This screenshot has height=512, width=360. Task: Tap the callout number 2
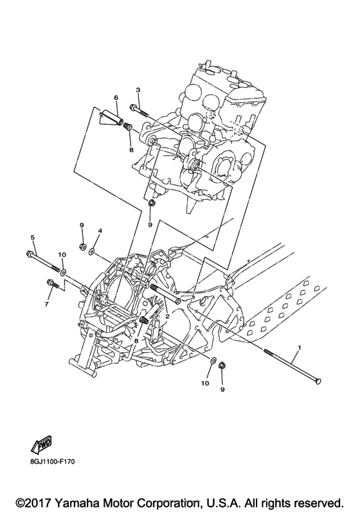pyautogui.click(x=166, y=316)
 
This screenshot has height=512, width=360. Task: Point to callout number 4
pyautogui.click(x=100, y=230)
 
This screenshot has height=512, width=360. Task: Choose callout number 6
pyautogui.click(x=116, y=98)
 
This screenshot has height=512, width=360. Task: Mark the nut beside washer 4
pyautogui.click(x=82, y=247)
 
